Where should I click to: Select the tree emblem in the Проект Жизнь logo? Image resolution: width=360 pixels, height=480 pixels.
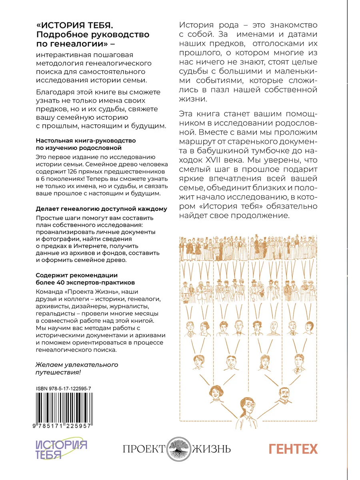pos(180,448)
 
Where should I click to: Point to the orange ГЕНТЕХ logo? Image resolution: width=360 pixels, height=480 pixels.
pos(293,449)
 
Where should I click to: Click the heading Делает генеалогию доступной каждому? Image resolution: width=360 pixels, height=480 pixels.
pos(102,209)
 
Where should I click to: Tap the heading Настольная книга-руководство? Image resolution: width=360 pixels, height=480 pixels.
pos(86,141)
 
